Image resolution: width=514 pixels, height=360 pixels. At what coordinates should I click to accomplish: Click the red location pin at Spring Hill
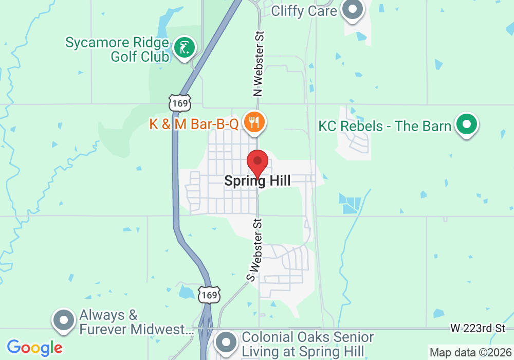click(x=258, y=163)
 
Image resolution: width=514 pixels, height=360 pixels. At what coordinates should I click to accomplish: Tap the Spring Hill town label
click(x=258, y=181)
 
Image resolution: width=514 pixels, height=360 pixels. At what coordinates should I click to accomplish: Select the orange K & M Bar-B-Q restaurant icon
click(x=254, y=122)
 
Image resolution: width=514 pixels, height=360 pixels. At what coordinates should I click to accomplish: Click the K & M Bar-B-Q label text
click(x=194, y=124)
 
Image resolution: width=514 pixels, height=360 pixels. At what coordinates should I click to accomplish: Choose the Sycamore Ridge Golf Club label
click(x=117, y=49)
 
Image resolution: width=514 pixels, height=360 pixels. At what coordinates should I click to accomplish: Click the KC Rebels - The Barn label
click(x=385, y=126)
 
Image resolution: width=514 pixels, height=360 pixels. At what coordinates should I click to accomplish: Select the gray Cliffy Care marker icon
click(x=353, y=9)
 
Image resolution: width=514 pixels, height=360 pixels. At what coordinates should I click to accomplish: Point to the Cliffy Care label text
click(x=304, y=10)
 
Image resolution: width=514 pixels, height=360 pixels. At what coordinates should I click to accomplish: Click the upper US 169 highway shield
click(x=180, y=103)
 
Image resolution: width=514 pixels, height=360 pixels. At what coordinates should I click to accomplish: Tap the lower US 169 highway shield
click(x=210, y=295)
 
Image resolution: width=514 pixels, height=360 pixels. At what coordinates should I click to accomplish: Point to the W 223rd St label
click(x=478, y=328)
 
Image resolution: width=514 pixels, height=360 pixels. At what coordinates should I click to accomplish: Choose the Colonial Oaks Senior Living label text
click(x=307, y=345)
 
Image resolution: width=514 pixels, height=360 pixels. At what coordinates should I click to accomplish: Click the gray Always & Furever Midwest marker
click(x=64, y=320)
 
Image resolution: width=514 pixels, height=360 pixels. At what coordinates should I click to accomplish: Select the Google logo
click(x=34, y=348)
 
